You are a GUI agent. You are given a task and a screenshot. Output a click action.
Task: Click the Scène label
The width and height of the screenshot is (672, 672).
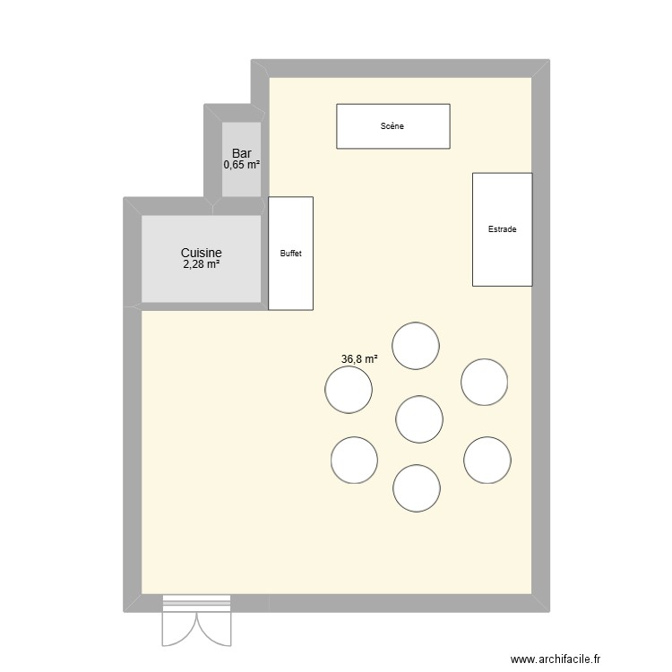392,126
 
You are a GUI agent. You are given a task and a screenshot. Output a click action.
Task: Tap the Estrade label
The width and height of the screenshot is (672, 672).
502,229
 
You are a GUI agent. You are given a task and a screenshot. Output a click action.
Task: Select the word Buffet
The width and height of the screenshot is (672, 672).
290,254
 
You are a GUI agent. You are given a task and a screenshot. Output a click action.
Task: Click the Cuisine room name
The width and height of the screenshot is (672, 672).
201,254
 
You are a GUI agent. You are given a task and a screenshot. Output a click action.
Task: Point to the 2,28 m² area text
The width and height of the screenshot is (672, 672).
201,265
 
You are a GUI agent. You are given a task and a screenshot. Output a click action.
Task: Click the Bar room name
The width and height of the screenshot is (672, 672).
241,153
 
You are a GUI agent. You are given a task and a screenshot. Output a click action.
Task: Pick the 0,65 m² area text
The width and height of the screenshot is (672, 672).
241,165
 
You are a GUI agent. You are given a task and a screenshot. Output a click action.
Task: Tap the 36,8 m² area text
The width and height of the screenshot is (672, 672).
359,359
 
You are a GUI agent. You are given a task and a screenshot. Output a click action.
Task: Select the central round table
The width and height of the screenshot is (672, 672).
419,419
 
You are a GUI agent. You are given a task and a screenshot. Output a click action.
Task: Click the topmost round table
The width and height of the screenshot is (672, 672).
416,346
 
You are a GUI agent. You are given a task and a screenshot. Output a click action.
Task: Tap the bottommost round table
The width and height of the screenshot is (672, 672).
417,488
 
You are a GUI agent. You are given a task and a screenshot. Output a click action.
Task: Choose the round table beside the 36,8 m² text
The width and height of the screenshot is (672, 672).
349,390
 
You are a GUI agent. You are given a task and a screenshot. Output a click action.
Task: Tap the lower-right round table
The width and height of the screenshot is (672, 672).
487,460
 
